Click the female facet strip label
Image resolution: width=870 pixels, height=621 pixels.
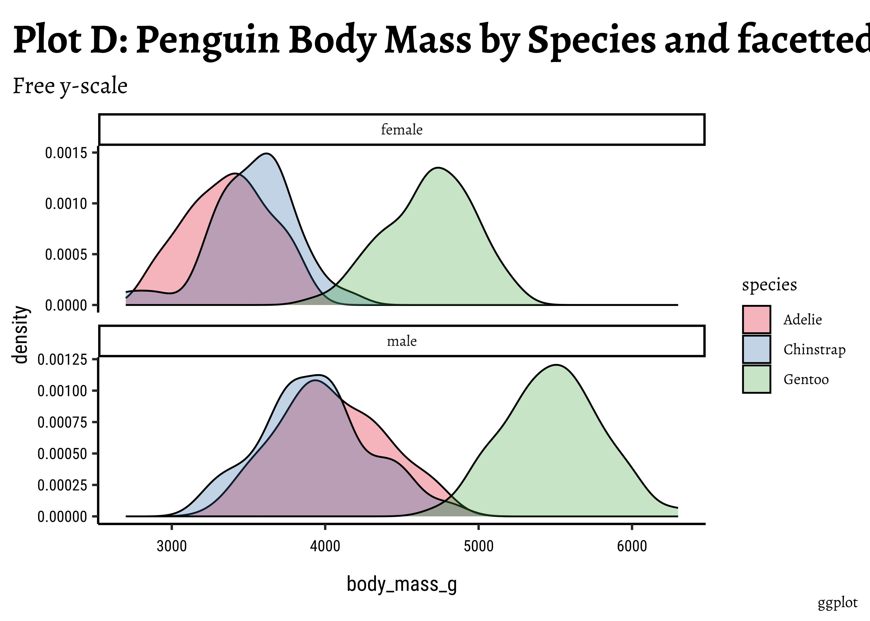pos(402,130)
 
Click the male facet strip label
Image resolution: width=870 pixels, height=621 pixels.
pos(402,341)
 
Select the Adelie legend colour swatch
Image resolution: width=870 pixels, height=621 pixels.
pos(756,319)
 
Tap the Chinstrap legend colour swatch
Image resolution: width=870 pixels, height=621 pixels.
pos(756,349)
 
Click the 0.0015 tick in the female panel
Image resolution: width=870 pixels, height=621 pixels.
pos(66,153)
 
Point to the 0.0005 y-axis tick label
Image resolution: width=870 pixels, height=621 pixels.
pos(66,254)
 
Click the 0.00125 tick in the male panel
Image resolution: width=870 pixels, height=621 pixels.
pos(62,359)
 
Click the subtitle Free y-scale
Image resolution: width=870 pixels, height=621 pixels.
pos(70,86)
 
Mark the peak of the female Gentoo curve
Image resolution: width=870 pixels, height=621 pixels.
pos(439,168)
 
